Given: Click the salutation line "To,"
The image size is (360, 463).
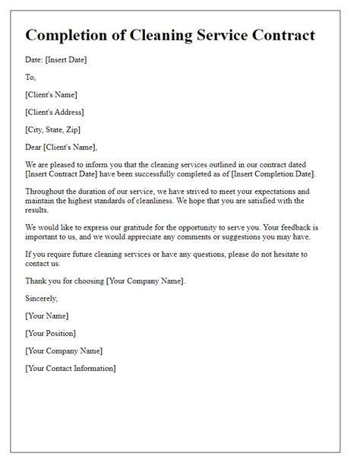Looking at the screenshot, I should point(30,77).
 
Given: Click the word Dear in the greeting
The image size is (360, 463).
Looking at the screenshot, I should point(34,147).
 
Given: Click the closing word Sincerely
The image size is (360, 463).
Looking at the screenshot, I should point(42,298).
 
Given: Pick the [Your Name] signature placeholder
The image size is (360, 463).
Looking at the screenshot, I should point(46,316).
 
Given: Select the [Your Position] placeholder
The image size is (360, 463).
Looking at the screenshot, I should point(52,333).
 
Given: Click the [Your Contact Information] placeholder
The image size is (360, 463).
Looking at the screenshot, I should point(70,369).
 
